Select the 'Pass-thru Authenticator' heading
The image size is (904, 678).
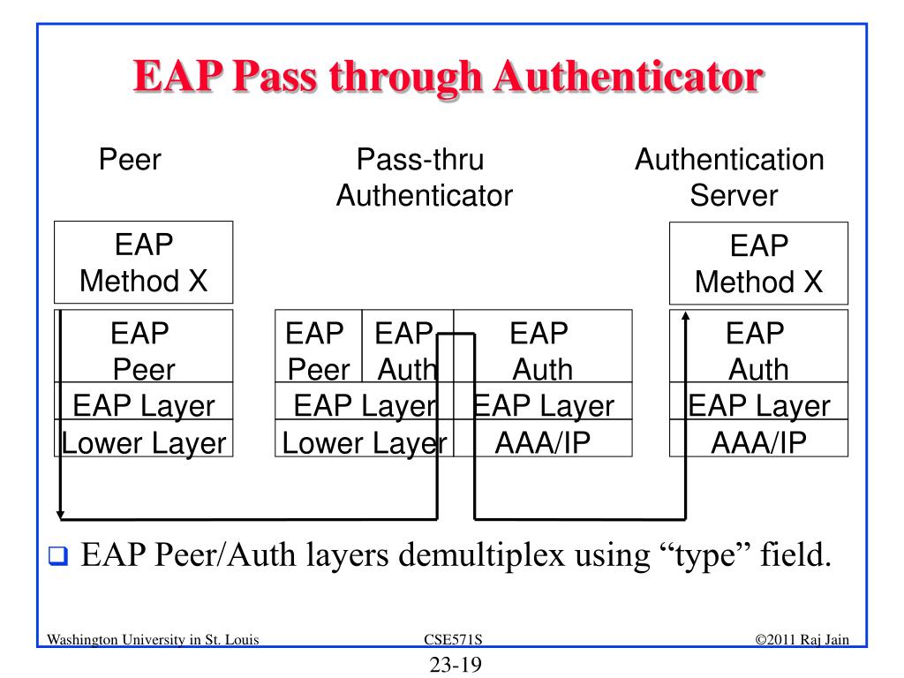[x=424, y=177]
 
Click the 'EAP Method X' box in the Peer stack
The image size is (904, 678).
[x=143, y=262]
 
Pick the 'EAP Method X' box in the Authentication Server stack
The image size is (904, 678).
[x=758, y=263]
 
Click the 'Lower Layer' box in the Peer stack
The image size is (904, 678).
[x=143, y=441]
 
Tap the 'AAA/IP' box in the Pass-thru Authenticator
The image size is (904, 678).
[x=542, y=441]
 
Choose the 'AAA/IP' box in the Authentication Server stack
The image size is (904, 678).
[x=758, y=441]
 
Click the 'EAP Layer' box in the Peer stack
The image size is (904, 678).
[x=143, y=405]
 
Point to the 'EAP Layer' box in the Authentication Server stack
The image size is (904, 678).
[x=758, y=405]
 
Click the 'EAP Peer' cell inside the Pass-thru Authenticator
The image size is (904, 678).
[x=318, y=350]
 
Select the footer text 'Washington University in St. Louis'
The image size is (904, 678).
[x=153, y=640]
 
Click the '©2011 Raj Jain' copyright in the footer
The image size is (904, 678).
[x=802, y=640]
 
